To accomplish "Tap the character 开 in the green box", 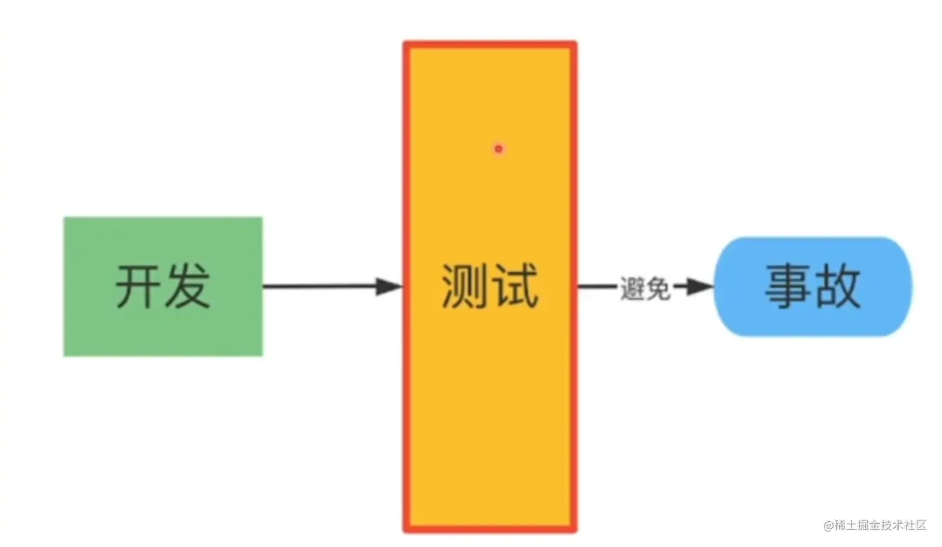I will click(138, 287).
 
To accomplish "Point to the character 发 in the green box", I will click(187, 287).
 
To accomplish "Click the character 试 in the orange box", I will click(515, 287).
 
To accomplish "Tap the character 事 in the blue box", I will click(788, 286).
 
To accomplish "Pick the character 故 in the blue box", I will click(838, 286).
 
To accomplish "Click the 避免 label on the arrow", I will click(645, 288).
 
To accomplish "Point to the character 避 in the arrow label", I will click(633, 288).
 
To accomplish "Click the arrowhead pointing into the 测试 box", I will click(389, 286).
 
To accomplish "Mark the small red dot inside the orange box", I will click(498, 149).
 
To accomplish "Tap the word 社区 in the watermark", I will click(916, 525).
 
